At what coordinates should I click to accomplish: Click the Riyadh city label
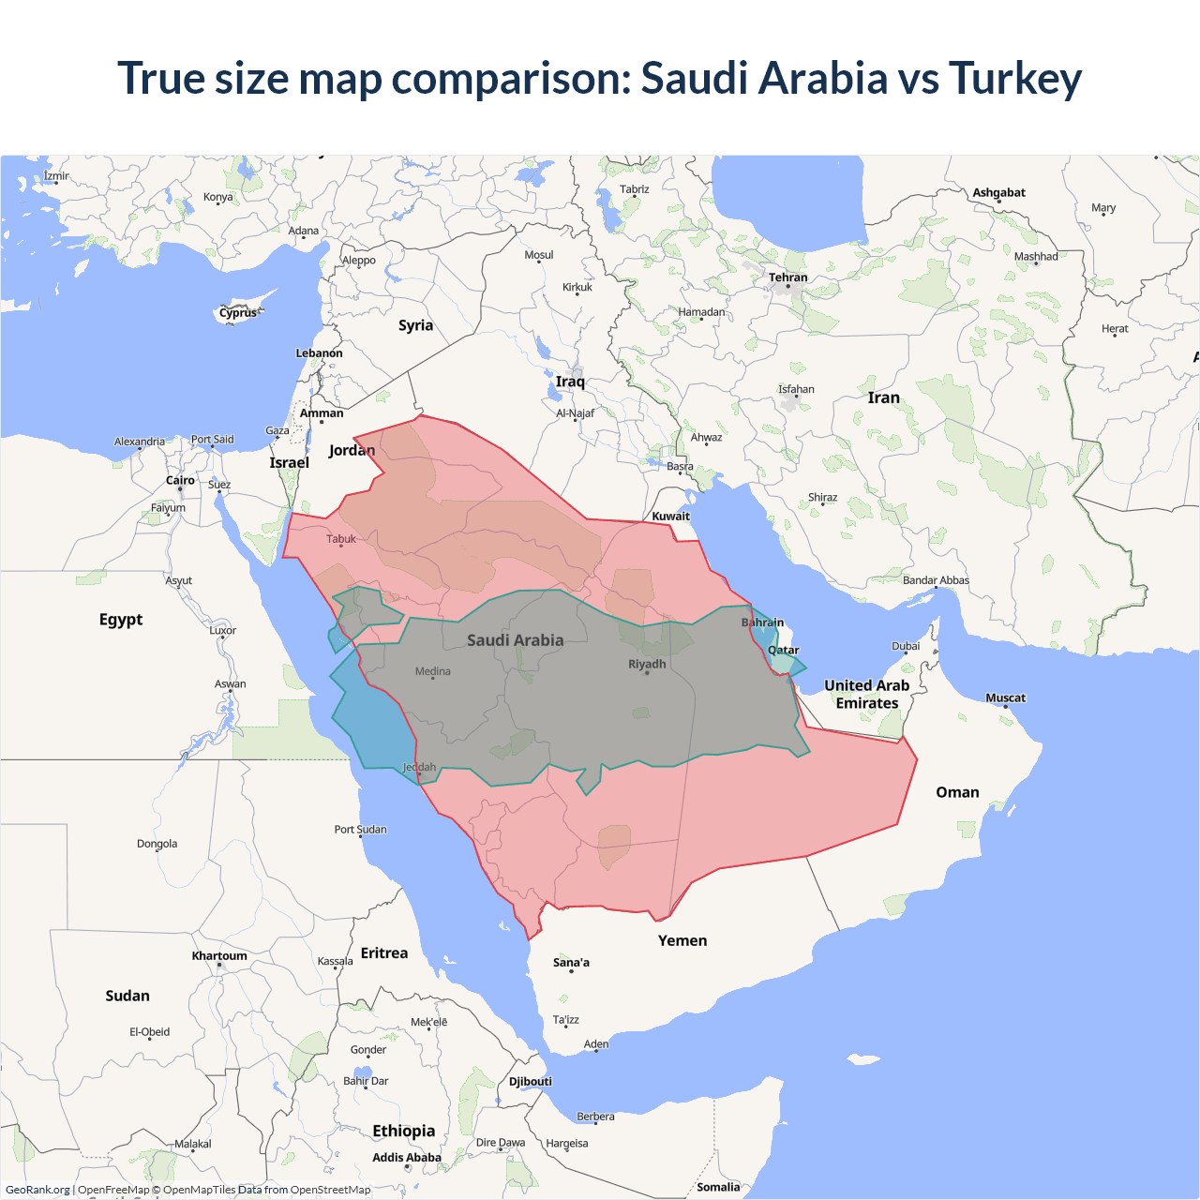(x=647, y=664)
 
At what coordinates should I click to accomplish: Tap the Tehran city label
(x=787, y=277)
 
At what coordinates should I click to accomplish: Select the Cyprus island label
(x=238, y=313)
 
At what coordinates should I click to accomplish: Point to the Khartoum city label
(x=219, y=956)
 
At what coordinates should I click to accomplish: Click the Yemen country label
(x=682, y=940)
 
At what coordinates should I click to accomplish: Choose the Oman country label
(x=957, y=792)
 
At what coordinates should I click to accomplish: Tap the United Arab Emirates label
(x=866, y=695)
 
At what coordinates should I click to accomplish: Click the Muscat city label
(x=1005, y=697)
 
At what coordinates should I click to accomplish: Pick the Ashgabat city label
(x=998, y=192)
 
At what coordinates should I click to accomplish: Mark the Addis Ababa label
(x=406, y=1158)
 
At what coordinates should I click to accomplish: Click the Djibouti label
(x=531, y=1081)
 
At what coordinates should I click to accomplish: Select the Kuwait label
(x=670, y=516)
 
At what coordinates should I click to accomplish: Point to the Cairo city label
(x=180, y=480)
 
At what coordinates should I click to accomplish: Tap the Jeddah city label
(x=419, y=767)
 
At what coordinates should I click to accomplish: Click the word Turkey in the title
(x=1015, y=78)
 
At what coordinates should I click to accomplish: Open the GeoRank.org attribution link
(x=37, y=1190)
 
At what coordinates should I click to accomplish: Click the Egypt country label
(x=121, y=620)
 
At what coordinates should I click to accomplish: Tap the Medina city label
(x=432, y=671)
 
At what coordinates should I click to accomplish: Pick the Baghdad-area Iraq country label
(x=570, y=382)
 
